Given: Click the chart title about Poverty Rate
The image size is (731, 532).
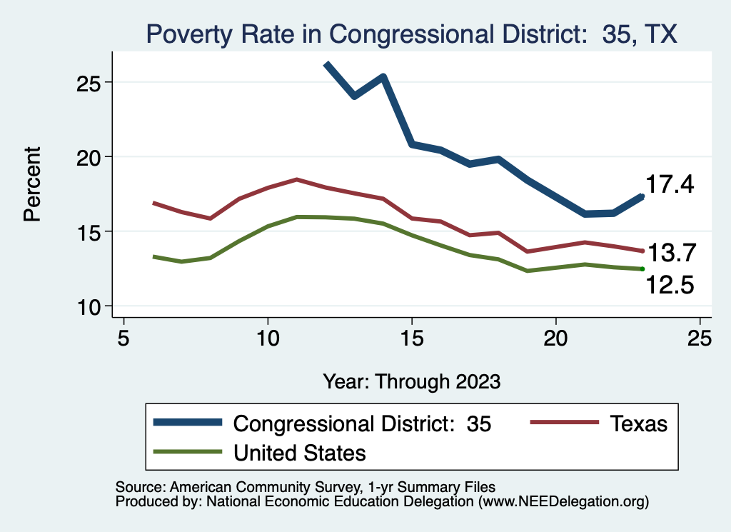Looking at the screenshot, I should [x=411, y=34].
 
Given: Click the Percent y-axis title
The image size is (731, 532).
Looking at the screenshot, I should [x=32, y=184].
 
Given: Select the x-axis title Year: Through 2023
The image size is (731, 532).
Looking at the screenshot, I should [x=411, y=381].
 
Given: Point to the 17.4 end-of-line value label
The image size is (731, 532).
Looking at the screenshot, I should [x=670, y=185].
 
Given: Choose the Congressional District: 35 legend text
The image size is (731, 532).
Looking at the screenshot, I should [x=363, y=423].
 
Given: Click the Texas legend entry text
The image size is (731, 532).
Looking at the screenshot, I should [x=638, y=423].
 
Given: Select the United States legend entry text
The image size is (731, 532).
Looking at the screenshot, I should [x=300, y=453].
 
